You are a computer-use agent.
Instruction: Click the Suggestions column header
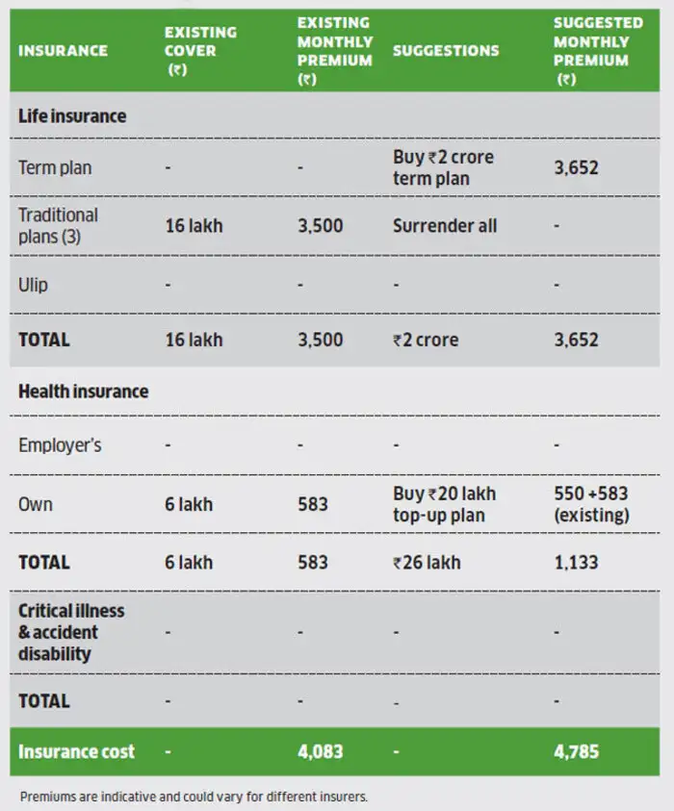click(x=446, y=50)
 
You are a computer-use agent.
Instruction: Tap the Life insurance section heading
click(x=72, y=116)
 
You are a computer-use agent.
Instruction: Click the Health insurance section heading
click(x=84, y=392)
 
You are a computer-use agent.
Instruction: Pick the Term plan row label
click(x=55, y=167)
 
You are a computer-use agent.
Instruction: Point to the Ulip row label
click(x=33, y=286)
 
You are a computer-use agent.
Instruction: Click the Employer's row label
click(x=60, y=445)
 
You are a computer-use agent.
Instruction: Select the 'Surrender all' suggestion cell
click(x=445, y=226)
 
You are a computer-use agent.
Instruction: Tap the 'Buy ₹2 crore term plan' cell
click(x=444, y=167)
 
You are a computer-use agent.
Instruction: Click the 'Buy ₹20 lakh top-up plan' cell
click(x=444, y=504)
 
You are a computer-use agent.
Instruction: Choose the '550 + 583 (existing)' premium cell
click(x=591, y=504)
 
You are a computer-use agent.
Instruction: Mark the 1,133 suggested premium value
click(x=576, y=562)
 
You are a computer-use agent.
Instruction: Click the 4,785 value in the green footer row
click(x=576, y=751)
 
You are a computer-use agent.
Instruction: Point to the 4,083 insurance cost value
click(x=320, y=751)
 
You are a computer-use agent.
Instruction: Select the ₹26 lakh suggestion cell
click(x=427, y=562)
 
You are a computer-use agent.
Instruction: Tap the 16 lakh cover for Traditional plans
click(x=193, y=226)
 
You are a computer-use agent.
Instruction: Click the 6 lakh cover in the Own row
click(x=189, y=504)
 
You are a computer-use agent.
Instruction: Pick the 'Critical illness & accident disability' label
click(x=71, y=632)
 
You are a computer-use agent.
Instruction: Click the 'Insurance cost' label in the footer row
click(x=77, y=751)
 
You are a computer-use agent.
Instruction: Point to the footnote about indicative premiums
click(x=194, y=797)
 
